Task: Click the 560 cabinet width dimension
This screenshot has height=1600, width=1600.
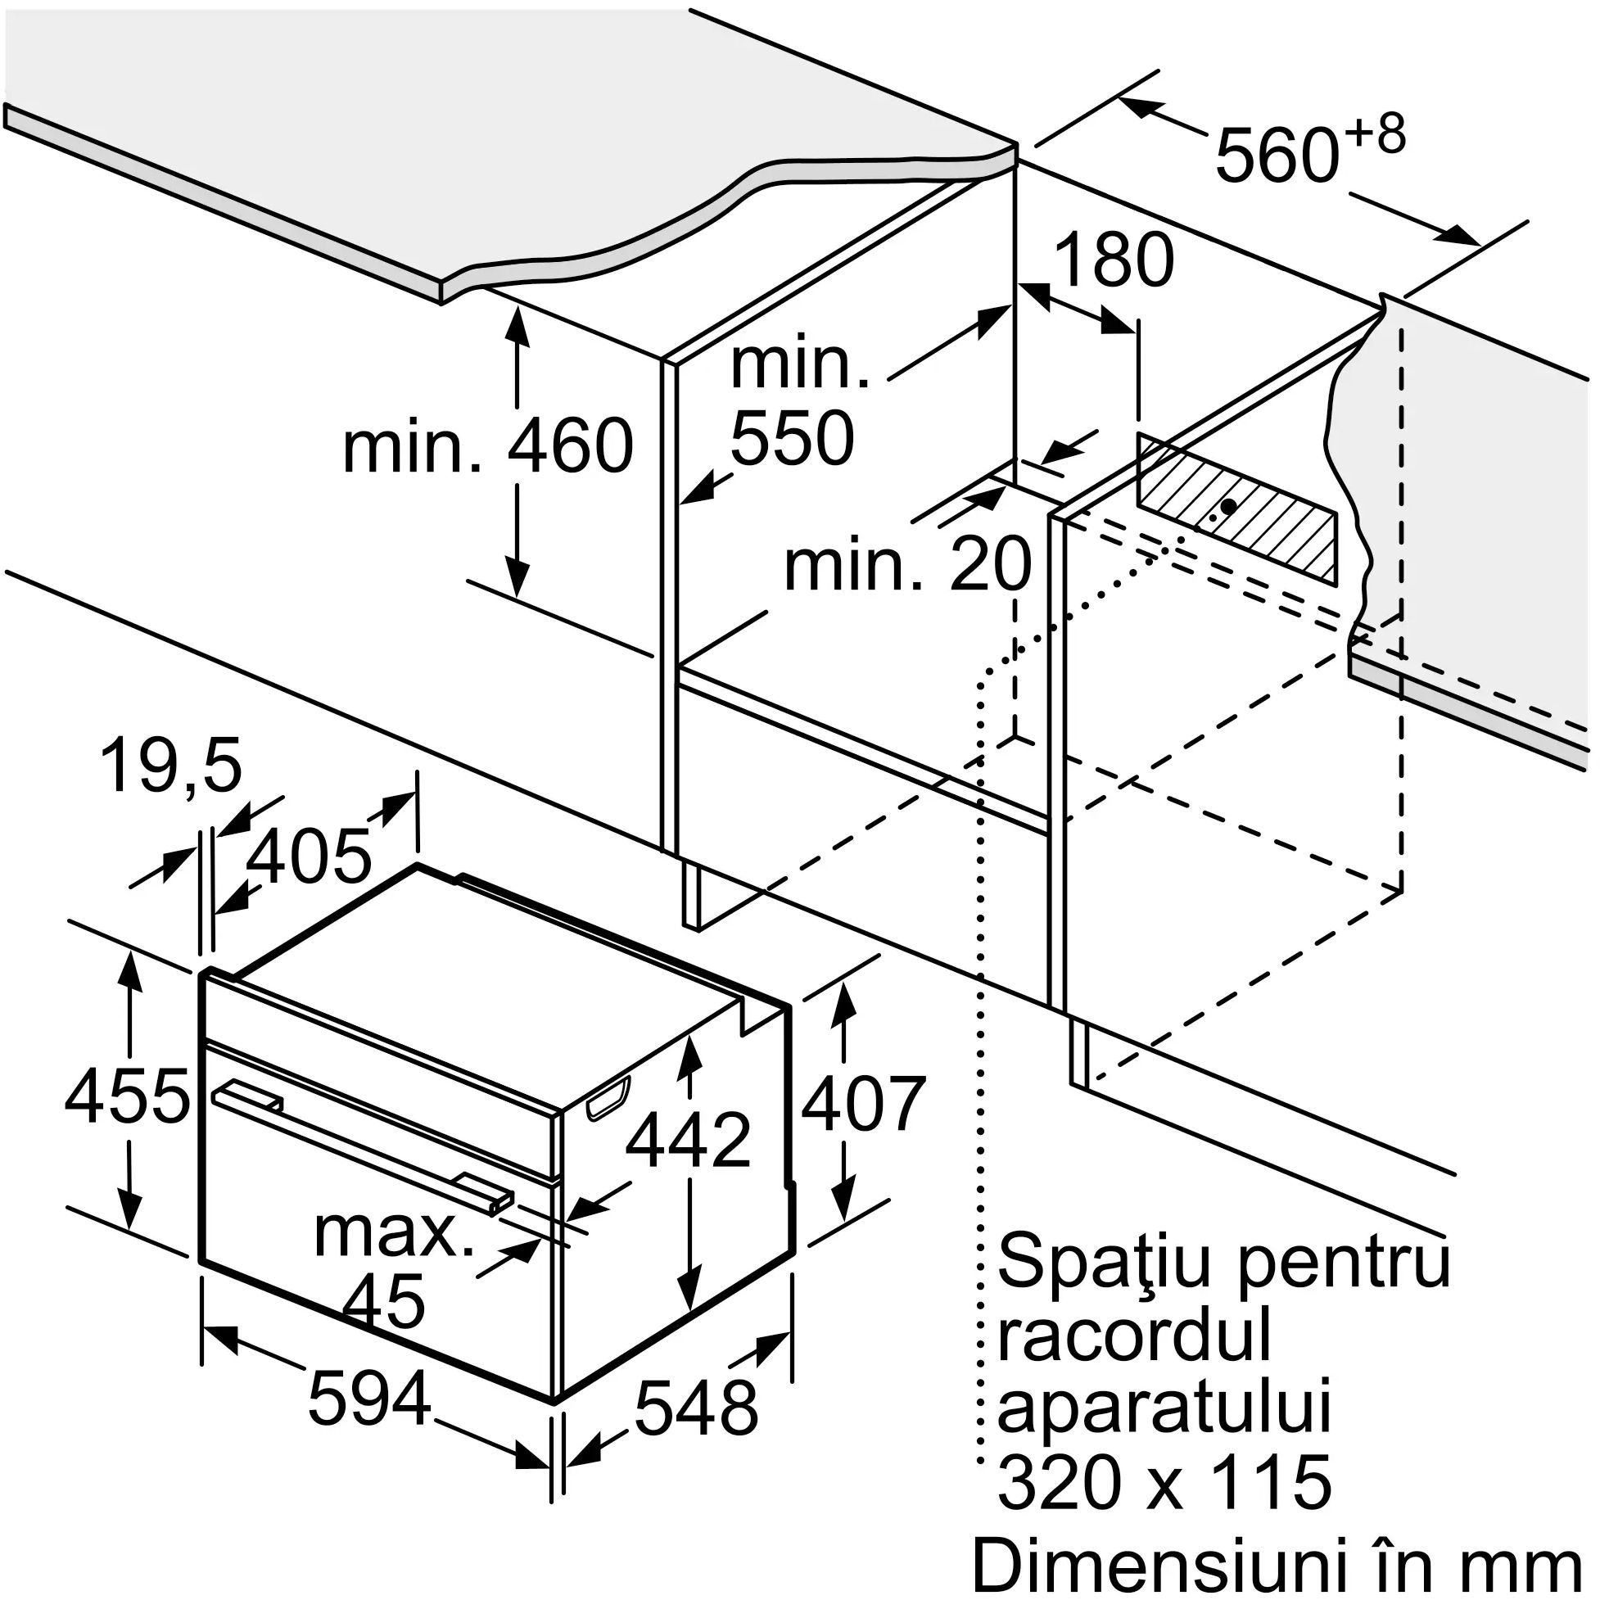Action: [x=1276, y=155]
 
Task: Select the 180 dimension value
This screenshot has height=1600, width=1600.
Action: [x=1116, y=260]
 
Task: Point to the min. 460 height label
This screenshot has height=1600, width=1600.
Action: [x=488, y=446]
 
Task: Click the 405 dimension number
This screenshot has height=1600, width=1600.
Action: [x=308, y=856]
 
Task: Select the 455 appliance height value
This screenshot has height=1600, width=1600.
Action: [x=127, y=1097]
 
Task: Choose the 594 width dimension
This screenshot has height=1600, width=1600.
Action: [x=369, y=1399]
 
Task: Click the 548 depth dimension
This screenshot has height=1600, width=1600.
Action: [x=696, y=1407]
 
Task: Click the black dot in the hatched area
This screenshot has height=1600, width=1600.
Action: [x=1229, y=504]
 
